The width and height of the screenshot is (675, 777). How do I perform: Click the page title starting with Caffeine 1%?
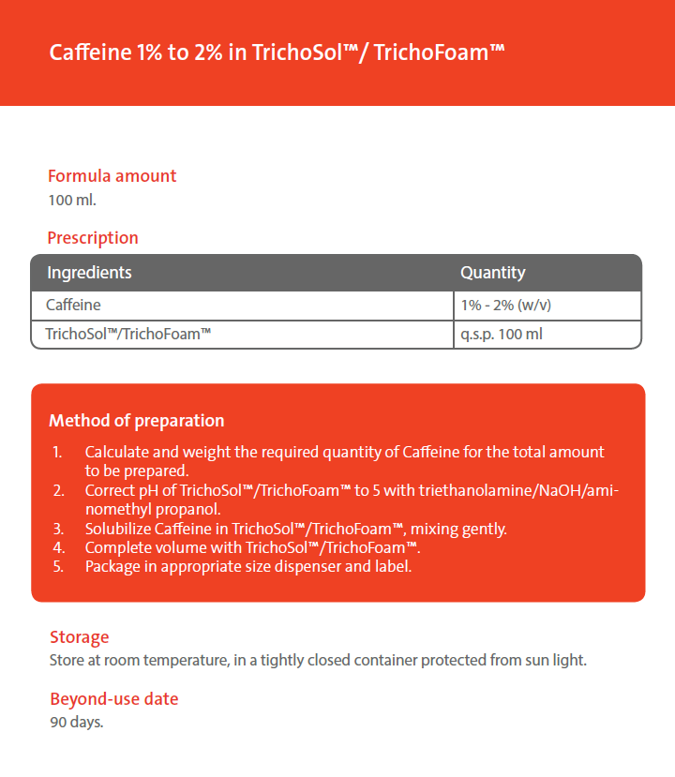pyautogui.click(x=277, y=52)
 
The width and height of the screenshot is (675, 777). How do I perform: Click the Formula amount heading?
pyautogui.click(x=112, y=176)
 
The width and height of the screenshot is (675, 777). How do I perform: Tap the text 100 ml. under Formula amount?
pyautogui.click(x=72, y=200)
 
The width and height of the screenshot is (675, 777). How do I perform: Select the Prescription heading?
pyautogui.click(x=93, y=238)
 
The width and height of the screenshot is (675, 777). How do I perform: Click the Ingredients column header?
pyautogui.click(x=89, y=273)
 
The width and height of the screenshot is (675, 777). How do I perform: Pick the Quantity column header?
pyautogui.click(x=492, y=273)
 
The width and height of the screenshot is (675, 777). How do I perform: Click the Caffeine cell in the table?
pyautogui.click(x=73, y=306)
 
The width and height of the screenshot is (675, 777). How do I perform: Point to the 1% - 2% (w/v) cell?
pyautogui.click(x=511, y=306)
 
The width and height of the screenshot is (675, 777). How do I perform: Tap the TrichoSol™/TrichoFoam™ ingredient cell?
pyautogui.click(x=127, y=333)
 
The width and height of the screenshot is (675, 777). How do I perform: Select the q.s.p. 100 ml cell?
pyautogui.click(x=502, y=333)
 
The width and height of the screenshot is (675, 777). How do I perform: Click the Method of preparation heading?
pyautogui.click(x=136, y=421)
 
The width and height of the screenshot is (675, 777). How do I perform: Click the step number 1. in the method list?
pyautogui.click(x=57, y=453)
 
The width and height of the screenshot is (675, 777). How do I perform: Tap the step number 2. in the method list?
pyautogui.click(x=57, y=491)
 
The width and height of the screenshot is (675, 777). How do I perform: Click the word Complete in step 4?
pyautogui.click(x=118, y=547)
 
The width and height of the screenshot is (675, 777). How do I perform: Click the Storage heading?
pyautogui.click(x=79, y=637)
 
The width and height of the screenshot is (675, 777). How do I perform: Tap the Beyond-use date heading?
pyautogui.click(x=113, y=699)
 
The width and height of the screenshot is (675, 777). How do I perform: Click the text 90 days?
pyautogui.click(x=76, y=723)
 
